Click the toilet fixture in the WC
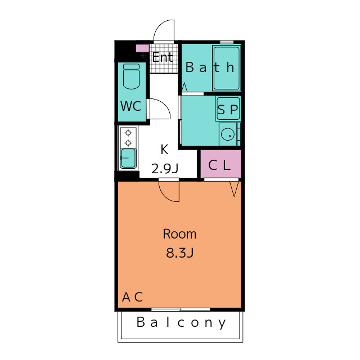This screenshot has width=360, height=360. pyautogui.click(x=131, y=76)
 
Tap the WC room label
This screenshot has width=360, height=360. pyautogui.click(x=131, y=106)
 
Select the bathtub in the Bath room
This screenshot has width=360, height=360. pyautogui.click(x=227, y=68)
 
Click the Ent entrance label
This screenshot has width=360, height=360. pyautogui.click(x=163, y=57)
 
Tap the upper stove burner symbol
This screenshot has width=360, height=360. pyautogui.click(x=128, y=133)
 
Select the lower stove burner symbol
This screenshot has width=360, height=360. pyautogui.click(x=128, y=143)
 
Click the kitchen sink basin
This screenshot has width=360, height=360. pyautogui.click(x=128, y=158)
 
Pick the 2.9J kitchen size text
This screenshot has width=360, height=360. pyautogui.click(x=165, y=169)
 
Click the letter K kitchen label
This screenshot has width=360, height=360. pyautogui.click(x=165, y=150)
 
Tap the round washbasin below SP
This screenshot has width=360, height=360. pyautogui.click(x=228, y=134)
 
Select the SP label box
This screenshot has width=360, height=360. pyautogui.click(x=228, y=109)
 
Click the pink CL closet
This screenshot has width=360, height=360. pyautogui.click(x=221, y=164)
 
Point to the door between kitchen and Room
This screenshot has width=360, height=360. pyautogui.click(x=169, y=190)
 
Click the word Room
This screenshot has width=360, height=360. pyautogui.click(x=179, y=234)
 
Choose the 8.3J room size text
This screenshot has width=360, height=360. pyautogui.click(x=180, y=253)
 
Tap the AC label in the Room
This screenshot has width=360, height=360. pyautogui.click(x=133, y=297)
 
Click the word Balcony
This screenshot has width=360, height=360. pyautogui.click(x=181, y=322)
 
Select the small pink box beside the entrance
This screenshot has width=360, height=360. pyautogui.click(x=142, y=48)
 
